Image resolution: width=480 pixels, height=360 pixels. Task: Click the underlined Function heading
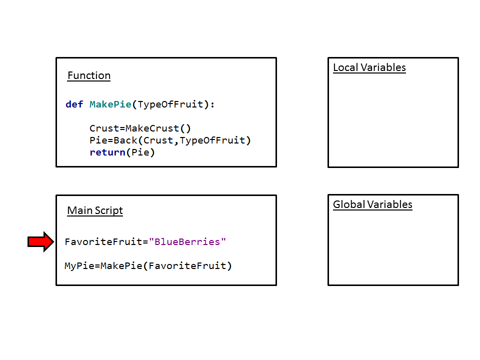tap(89, 75)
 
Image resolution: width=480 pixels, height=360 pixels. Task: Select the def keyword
tap(74, 104)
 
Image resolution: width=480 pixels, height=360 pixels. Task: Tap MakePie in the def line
tap(110, 104)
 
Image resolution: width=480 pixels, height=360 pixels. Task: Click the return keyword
tap(107, 152)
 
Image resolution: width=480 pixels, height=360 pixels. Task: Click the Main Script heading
tap(95, 210)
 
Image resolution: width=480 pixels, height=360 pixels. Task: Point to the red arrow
tap(40, 242)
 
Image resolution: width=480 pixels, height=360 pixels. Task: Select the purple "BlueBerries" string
tap(187, 242)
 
